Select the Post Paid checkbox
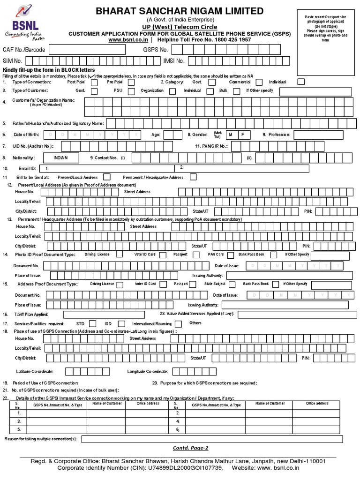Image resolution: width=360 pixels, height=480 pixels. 94,82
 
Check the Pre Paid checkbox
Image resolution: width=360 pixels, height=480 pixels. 131,82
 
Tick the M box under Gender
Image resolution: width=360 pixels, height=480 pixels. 230,135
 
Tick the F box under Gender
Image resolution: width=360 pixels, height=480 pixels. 242,135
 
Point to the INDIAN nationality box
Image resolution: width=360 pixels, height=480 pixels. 60,158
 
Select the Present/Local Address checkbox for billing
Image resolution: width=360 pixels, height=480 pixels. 107,177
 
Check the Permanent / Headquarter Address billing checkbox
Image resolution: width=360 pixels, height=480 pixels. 193,177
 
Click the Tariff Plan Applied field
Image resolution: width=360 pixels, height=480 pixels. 110,314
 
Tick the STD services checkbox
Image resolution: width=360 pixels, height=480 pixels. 93,323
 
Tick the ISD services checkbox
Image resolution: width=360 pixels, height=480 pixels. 121,323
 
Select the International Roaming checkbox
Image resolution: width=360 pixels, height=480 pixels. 178,323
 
